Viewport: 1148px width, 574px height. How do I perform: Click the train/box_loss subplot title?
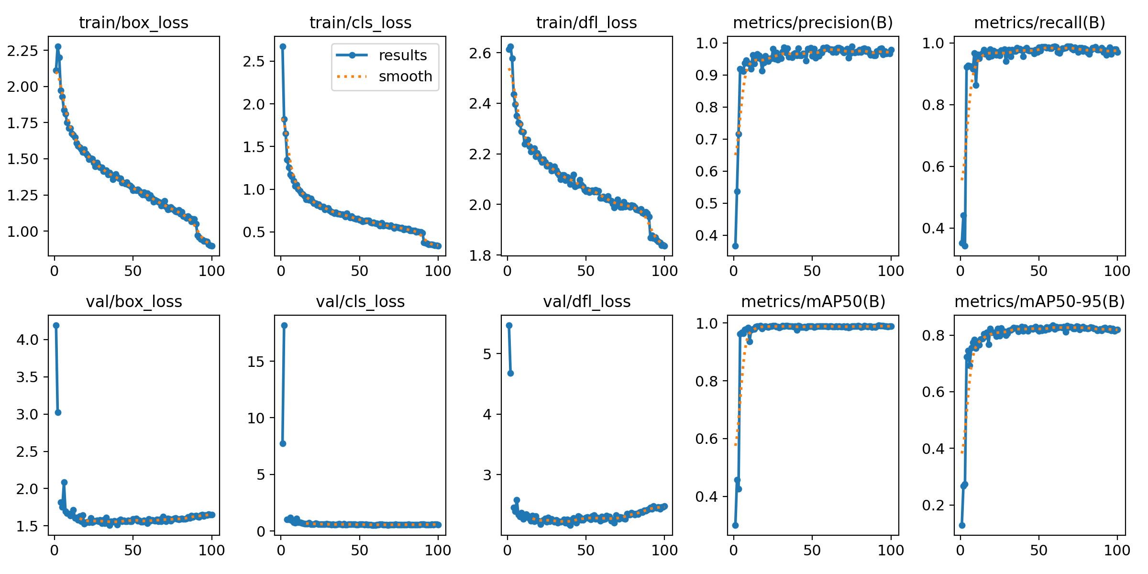tap(133, 22)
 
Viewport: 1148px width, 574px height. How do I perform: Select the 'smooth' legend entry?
tap(405, 77)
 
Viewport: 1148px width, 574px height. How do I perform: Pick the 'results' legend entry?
tap(402, 55)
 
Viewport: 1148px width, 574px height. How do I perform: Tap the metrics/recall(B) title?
tap(1039, 22)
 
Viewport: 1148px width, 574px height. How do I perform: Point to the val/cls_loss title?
tap(360, 301)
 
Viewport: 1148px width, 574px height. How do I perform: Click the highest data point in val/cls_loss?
tap(284, 325)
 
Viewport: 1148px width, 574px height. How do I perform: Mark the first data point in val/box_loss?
tap(56, 325)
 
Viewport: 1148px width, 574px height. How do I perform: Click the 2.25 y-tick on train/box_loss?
tap(22, 50)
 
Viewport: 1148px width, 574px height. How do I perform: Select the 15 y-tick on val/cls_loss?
tap(255, 361)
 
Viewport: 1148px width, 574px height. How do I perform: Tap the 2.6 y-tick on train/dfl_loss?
tap(480, 53)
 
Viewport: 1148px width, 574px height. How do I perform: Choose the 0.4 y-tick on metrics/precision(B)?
tap(707, 235)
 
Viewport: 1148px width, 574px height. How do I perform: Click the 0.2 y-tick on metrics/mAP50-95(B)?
tap(933, 505)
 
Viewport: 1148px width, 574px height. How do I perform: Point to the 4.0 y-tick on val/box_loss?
tap(27, 340)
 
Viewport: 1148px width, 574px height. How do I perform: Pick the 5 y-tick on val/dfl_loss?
tap(487, 354)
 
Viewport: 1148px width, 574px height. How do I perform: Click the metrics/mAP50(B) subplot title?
tap(813, 301)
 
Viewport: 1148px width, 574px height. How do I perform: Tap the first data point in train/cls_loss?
tap(283, 46)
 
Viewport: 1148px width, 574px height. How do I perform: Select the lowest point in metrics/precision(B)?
tap(735, 246)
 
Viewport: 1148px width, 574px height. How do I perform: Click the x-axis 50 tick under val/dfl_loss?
tap(585, 550)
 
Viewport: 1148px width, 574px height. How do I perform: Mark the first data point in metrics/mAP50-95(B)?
tap(962, 525)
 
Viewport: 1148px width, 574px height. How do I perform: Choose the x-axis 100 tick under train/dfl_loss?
tap(664, 271)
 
